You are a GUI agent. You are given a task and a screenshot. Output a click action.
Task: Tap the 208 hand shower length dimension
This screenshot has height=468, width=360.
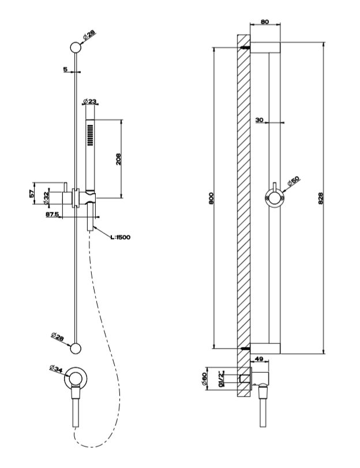(118, 159)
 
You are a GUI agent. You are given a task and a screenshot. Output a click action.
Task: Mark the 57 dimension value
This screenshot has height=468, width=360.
(33, 194)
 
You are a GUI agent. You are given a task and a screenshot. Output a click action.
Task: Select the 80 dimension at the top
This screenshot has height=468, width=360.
(265, 22)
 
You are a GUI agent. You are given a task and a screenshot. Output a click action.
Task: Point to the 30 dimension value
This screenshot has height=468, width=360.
(260, 119)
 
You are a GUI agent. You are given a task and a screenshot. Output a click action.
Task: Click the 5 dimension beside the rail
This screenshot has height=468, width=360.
(66, 70)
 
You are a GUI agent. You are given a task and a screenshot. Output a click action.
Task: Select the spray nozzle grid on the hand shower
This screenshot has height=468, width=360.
(91, 137)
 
